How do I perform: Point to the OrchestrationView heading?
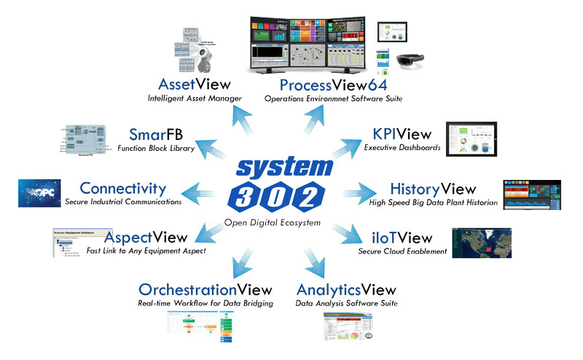click(206, 289)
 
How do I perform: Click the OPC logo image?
click(39, 193)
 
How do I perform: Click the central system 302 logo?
click(291, 180)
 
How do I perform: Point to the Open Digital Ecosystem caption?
click(283, 222)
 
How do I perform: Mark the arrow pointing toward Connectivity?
click(200, 192)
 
